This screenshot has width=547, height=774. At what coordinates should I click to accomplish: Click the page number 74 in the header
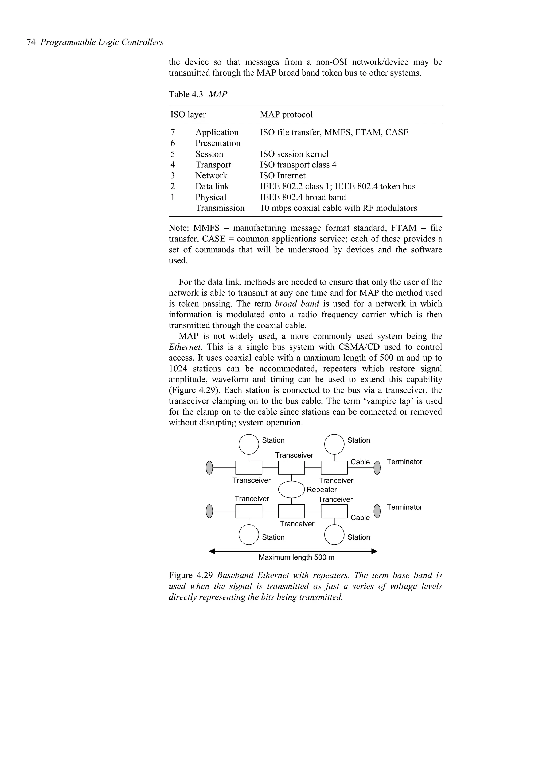tap(31, 42)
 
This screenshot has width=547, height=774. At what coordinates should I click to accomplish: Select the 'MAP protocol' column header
tap(286, 115)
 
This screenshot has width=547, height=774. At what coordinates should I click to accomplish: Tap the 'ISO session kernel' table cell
tap(294, 154)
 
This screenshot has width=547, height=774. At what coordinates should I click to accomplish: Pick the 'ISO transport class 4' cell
tap(298, 165)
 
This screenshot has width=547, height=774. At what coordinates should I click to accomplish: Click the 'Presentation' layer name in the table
tap(218, 143)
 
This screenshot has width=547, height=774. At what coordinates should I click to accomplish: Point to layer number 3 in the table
tap(173, 176)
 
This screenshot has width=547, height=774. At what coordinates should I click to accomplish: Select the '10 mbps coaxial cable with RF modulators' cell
tap(338, 208)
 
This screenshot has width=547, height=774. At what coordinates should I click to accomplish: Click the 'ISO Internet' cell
tap(282, 176)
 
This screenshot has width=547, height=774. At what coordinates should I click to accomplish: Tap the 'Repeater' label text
tap(322, 490)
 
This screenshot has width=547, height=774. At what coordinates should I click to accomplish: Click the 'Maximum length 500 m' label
tap(296, 557)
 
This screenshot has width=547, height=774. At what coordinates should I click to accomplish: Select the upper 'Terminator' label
tap(404, 462)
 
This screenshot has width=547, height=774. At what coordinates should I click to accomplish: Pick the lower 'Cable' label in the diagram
tap(360, 518)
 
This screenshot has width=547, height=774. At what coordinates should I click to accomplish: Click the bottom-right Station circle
tap(334, 535)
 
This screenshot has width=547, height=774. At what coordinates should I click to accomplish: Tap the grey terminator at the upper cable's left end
tap(209, 468)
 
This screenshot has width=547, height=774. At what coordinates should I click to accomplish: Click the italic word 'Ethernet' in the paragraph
tap(185, 347)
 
